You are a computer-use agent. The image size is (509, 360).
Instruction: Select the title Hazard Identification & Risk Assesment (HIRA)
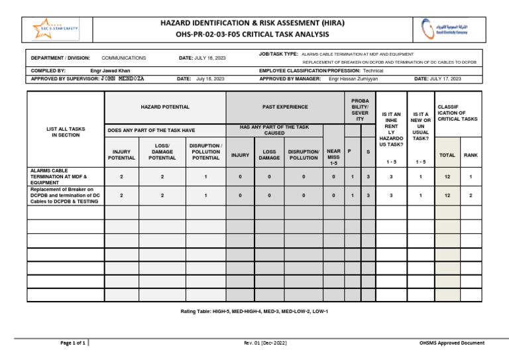click(x=253, y=22)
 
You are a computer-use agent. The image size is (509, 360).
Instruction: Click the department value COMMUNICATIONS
click(x=124, y=58)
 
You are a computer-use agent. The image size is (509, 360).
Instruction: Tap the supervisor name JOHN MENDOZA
click(x=122, y=78)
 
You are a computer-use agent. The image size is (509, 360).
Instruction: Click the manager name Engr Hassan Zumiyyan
click(x=354, y=78)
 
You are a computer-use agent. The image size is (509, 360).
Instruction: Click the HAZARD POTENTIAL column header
click(x=165, y=107)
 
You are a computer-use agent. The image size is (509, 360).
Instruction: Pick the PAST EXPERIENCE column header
click(x=285, y=107)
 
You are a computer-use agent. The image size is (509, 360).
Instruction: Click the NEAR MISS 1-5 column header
click(x=333, y=156)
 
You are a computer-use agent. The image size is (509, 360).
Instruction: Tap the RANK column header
click(x=470, y=155)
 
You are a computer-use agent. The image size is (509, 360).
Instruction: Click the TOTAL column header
click(x=447, y=155)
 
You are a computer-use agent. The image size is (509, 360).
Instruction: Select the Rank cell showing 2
click(x=471, y=196)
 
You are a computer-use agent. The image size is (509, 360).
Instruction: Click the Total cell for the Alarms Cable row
click(x=447, y=177)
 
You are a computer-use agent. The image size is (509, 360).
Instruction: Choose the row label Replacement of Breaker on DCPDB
click(x=65, y=196)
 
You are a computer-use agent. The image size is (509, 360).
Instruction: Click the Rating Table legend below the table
click(x=254, y=311)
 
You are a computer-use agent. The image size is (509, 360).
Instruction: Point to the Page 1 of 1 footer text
click(x=73, y=343)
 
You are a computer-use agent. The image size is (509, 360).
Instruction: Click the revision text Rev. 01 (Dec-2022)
click(x=265, y=343)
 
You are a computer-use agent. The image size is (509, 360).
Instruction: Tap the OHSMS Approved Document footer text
click(x=451, y=343)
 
